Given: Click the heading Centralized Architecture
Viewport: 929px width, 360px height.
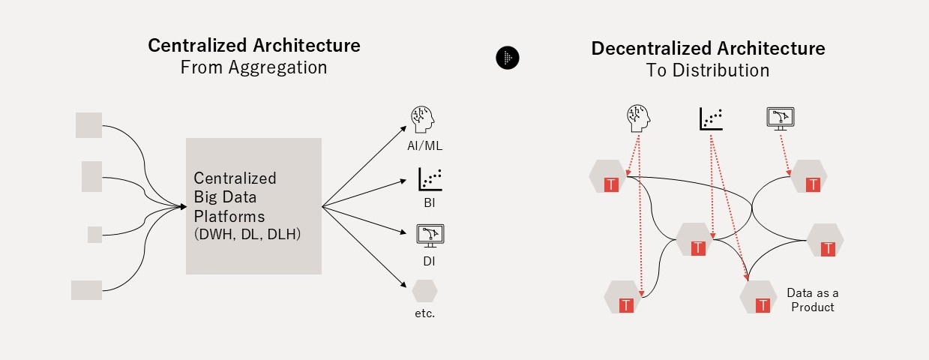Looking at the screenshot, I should (254, 45).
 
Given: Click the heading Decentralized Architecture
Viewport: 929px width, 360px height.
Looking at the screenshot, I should (708, 49).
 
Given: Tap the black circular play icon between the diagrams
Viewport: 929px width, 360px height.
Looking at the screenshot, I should (508, 58).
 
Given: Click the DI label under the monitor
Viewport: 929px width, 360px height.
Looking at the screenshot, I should (428, 262).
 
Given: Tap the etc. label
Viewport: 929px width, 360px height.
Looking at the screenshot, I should (424, 313).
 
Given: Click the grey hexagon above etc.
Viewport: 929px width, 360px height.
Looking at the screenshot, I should (424, 290).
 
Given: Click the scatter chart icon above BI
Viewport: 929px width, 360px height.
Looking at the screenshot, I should (430, 179).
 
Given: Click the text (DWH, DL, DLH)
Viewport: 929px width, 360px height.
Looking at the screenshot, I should (247, 234).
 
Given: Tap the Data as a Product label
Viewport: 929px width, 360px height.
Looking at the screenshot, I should (810, 300).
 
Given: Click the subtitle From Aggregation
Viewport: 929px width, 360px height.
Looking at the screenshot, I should (254, 67).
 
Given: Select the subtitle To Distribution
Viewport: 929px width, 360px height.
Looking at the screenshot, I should (708, 70).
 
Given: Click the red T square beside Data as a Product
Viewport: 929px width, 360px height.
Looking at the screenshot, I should (763, 305).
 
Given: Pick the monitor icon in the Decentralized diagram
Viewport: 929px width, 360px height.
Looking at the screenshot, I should (781, 118).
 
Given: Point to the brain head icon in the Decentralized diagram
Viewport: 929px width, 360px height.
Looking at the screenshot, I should (638, 117).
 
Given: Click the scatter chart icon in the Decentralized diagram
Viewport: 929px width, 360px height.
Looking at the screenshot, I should (711, 118).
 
